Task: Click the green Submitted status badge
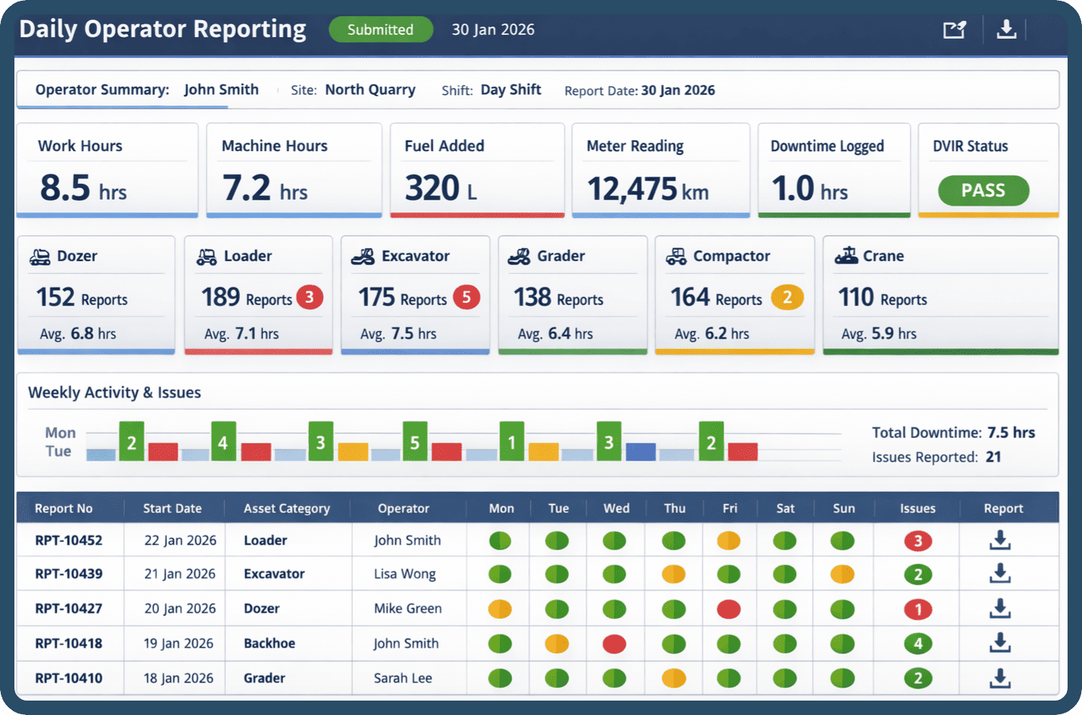pyautogui.click(x=380, y=30)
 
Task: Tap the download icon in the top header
pyautogui.click(x=1006, y=30)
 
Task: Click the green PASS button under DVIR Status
pyautogui.click(x=983, y=191)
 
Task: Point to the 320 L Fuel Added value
pyautogui.click(x=441, y=188)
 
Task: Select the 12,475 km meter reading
pyautogui.click(x=647, y=189)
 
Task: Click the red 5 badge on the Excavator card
pyautogui.click(x=466, y=298)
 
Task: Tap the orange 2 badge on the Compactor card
pyautogui.click(x=787, y=298)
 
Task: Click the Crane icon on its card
pyautogui.click(x=846, y=256)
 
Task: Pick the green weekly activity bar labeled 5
pyautogui.click(x=414, y=442)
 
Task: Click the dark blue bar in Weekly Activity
pyautogui.click(x=640, y=452)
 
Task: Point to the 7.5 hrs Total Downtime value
pyautogui.click(x=1011, y=433)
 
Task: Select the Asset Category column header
pyautogui.click(x=287, y=509)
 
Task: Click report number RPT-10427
pyautogui.click(x=68, y=609)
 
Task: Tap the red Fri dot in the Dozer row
pyautogui.click(x=728, y=609)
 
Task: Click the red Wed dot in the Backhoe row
pyautogui.click(x=614, y=644)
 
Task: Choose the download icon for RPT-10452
pyautogui.click(x=1000, y=540)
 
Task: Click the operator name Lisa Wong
pyautogui.click(x=404, y=574)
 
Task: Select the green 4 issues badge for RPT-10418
pyautogui.click(x=917, y=644)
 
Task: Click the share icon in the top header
pyautogui.click(x=954, y=30)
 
